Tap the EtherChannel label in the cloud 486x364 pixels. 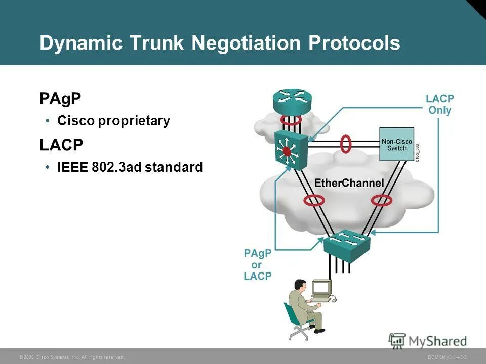pos(350,183)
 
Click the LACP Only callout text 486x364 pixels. pos(439,105)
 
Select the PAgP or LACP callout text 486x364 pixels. pos(258,264)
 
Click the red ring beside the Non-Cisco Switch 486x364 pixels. pos(346,144)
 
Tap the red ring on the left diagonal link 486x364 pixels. pos(314,201)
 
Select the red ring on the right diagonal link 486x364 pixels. pos(382,201)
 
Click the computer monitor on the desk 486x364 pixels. pos(321,289)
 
